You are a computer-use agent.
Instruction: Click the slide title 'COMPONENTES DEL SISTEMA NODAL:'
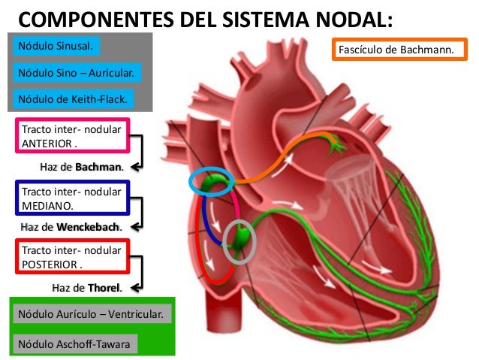point(204,17)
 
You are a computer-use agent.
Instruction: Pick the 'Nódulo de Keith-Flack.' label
point(72,98)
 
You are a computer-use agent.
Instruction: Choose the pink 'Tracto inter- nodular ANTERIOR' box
point(72,136)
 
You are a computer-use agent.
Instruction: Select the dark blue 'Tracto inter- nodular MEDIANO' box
point(72,198)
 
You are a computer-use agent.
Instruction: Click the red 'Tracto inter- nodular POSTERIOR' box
point(72,257)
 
